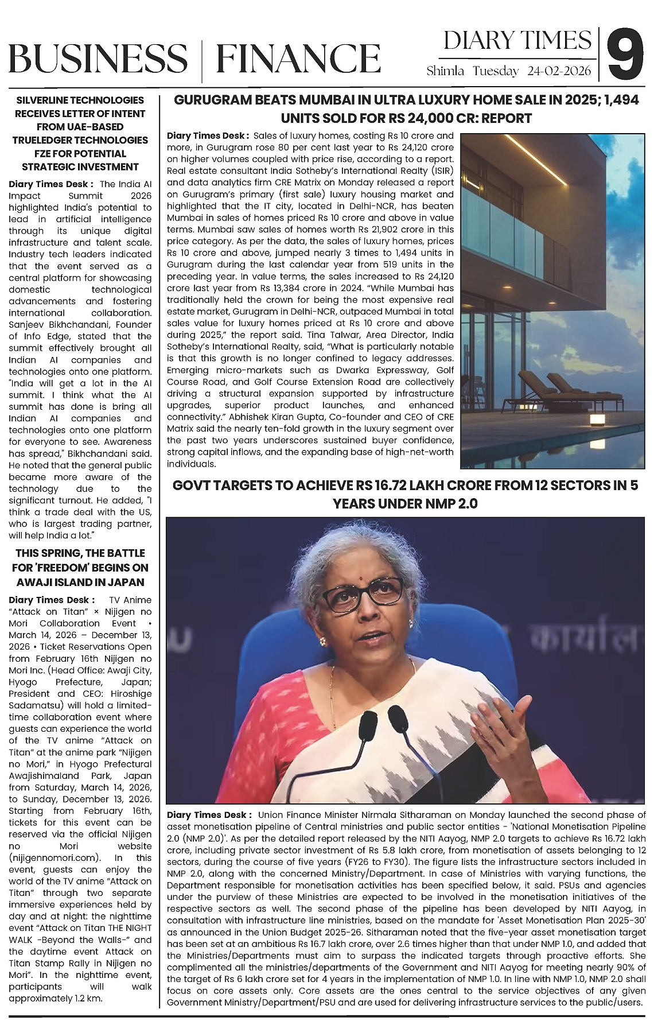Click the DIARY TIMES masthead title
click(517, 40)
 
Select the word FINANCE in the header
click(299, 57)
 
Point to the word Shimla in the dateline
click(446, 71)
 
